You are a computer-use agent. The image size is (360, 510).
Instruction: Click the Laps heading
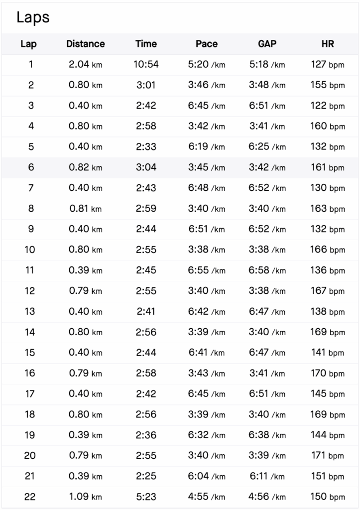(x=33, y=18)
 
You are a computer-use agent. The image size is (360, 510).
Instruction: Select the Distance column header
(x=86, y=44)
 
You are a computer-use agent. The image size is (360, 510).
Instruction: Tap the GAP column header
(x=267, y=44)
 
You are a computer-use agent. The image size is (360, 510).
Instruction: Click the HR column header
(x=327, y=44)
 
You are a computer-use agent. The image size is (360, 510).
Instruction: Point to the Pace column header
(x=207, y=44)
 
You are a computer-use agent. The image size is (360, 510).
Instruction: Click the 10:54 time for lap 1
(x=146, y=64)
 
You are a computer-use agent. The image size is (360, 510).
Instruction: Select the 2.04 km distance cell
(x=86, y=64)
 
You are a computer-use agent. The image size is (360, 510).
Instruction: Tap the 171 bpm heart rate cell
(x=327, y=456)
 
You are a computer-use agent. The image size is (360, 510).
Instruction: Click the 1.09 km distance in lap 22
(x=86, y=497)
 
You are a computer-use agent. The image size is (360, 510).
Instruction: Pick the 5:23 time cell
(x=146, y=497)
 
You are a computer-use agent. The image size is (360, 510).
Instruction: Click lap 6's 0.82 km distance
(x=86, y=167)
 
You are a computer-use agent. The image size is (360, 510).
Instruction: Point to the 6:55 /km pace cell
(x=207, y=270)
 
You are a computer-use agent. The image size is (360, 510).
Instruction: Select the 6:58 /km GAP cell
(x=267, y=270)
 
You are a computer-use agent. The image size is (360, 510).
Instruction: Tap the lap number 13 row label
(x=30, y=311)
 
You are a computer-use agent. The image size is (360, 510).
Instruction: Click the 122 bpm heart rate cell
(x=327, y=106)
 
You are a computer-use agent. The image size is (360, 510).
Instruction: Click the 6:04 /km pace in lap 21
(x=207, y=476)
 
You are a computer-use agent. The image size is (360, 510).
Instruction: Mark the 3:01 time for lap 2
(x=146, y=85)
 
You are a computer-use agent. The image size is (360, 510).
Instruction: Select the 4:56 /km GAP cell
(x=267, y=497)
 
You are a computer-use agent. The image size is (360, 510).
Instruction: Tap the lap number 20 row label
(x=30, y=456)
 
